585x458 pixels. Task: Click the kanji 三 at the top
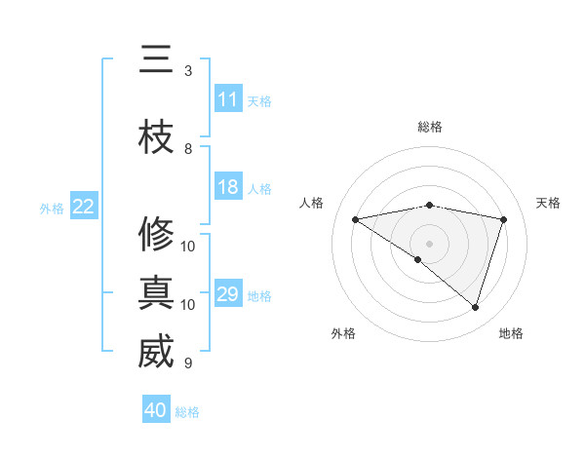tap(156, 61)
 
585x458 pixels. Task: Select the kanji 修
tap(156, 234)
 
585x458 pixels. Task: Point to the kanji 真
tap(156, 292)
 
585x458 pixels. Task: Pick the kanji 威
tap(156, 352)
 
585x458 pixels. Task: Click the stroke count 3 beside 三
tap(188, 71)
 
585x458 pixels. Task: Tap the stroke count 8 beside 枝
tap(188, 149)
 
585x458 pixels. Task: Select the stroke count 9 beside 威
tap(188, 363)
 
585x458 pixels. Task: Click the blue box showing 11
tap(228, 99)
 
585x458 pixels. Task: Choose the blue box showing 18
tap(228, 187)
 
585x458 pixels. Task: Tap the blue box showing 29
tap(228, 294)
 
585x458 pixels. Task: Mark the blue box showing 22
tap(84, 207)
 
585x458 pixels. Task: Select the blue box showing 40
tap(156, 410)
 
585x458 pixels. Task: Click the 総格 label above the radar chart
tap(429, 127)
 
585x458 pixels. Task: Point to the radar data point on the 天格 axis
tap(503, 219)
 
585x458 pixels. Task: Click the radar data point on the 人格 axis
tap(356, 219)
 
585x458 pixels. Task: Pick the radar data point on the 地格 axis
tap(475, 307)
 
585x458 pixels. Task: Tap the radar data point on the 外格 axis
tap(418, 259)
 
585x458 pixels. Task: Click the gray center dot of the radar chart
tap(429, 242)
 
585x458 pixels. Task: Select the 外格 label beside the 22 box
tap(52, 208)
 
